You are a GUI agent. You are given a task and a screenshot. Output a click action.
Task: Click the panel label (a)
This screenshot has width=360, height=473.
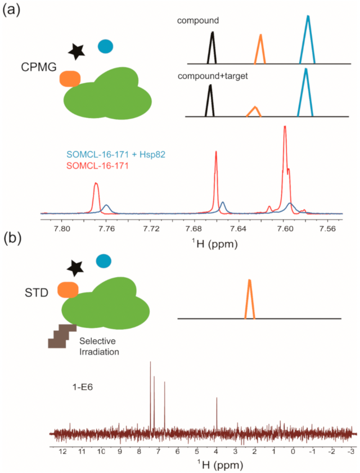[11, 11]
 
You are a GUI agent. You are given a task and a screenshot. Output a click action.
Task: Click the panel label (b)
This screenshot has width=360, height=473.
[12, 238]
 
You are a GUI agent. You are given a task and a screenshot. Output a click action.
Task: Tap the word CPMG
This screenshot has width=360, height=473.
[39, 67]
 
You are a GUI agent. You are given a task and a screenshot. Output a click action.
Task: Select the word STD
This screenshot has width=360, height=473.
[37, 292]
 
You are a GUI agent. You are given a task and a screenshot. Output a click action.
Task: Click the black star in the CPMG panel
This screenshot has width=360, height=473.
[76, 52]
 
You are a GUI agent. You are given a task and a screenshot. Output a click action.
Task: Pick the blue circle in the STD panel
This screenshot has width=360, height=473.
[103, 261]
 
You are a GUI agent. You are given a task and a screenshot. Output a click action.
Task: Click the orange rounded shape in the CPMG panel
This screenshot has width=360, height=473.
[70, 79]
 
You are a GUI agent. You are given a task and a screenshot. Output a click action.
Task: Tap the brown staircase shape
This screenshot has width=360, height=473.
[61, 336]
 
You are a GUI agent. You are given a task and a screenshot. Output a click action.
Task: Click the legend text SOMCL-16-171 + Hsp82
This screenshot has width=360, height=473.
[116, 155]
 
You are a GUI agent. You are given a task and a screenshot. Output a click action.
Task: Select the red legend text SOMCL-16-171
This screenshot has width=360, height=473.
[97, 165]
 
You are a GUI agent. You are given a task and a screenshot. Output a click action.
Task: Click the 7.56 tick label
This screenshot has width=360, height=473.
[327, 229]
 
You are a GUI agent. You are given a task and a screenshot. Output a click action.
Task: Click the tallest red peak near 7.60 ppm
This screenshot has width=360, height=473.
[285, 127]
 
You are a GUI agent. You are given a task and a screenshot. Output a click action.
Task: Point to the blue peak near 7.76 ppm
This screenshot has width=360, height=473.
[106, 205]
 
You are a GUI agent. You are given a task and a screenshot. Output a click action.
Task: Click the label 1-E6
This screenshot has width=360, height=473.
[82, 387]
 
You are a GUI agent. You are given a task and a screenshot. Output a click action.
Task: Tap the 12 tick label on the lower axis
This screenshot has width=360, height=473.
[62, 452]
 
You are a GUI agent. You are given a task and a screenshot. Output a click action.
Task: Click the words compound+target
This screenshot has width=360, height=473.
[213, 76]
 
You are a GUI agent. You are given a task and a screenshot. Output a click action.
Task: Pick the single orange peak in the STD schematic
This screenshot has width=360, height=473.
[250, 299]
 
